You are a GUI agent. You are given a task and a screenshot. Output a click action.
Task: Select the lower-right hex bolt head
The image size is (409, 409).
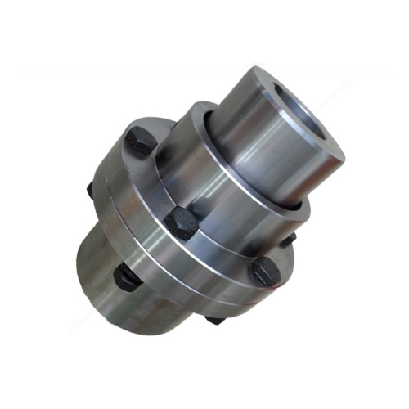[266, 272]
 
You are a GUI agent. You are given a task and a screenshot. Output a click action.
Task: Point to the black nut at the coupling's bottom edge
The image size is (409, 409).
[214, 319]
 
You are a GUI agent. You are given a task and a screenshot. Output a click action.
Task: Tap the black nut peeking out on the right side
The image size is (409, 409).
[288, 239]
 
